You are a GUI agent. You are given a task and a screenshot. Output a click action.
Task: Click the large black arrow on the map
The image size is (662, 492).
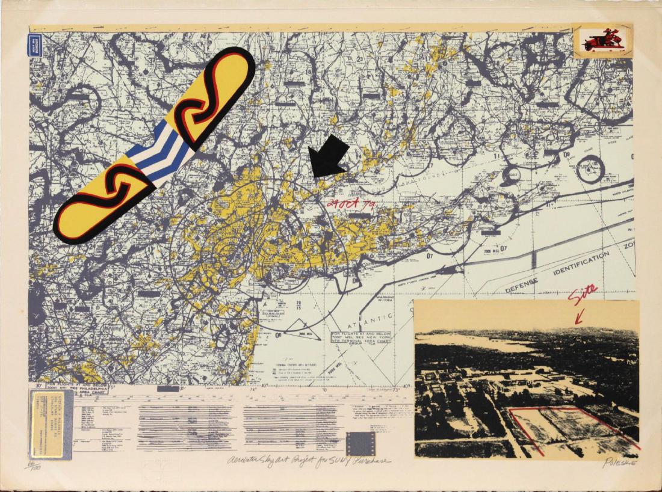(329, 158)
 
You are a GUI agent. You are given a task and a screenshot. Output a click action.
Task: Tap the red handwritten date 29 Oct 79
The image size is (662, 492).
(351, 205)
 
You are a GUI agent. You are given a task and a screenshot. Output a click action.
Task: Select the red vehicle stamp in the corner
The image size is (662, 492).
(603, 42)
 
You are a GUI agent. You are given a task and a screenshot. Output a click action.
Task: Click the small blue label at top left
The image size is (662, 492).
(35, 45)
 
